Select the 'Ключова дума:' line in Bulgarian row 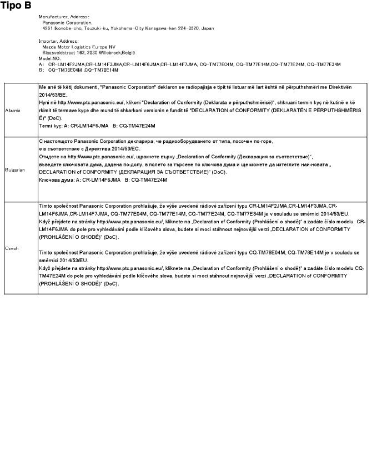click(103, 181)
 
